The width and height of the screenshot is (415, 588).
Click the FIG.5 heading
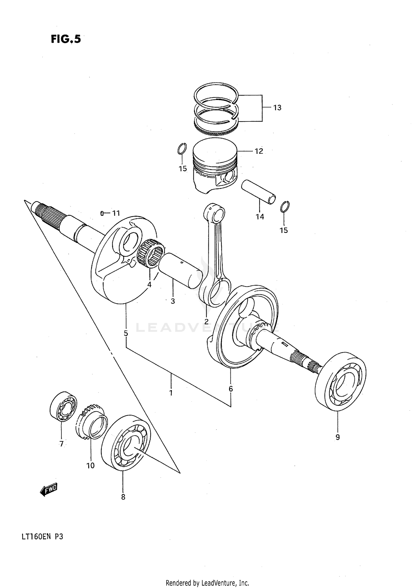[66, 39]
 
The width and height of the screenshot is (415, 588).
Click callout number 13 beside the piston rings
[277, 108]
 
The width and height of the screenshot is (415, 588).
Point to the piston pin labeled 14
[259, 192]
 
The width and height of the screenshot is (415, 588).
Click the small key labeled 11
[102, 213]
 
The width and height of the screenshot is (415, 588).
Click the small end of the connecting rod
[214, 213]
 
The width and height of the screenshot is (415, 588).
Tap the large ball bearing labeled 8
[126, 446]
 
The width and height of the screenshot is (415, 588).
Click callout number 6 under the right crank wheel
[231, 389]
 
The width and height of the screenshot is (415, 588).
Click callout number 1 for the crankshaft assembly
[171, 392]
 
